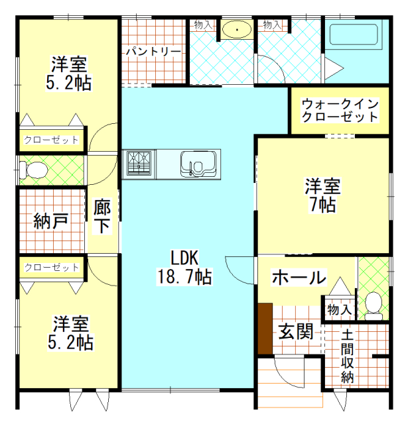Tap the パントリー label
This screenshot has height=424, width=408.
[x=153, y=51]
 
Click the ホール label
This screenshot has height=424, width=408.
[x=299, y=277]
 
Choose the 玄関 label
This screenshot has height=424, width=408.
[x=295, y=331]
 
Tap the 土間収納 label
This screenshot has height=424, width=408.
[x=348, y=357]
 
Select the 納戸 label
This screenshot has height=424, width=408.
[x=50, y=221]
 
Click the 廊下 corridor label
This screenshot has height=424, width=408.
[x=103, y=216]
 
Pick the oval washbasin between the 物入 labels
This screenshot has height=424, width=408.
[x=236, y=29]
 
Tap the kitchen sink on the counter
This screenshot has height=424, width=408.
[x=196, y=163]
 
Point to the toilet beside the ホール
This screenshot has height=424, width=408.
[x=375, y=305]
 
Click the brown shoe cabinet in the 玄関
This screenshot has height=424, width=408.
[x=265, y=329]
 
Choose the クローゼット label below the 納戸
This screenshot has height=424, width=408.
[x=51, y=268]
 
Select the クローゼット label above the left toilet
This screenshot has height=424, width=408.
[x=51, y=140]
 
